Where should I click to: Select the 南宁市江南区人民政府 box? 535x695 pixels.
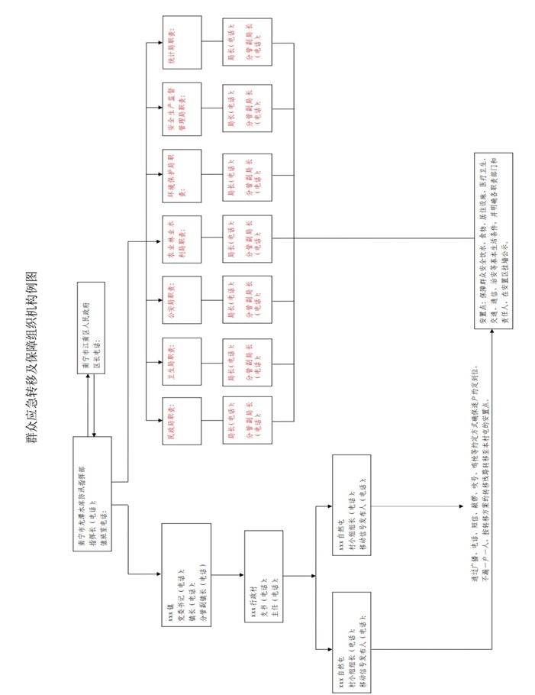point(91,328)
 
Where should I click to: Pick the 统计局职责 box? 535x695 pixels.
point(182,42)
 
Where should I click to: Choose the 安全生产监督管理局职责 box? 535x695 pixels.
point(182,108)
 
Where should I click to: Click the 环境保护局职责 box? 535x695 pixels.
point(182,175)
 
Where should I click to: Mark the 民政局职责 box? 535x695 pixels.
point(182,421)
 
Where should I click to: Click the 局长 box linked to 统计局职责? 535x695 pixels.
point(247,42)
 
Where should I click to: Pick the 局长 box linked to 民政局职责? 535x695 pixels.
point(247,421)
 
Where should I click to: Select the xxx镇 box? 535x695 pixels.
point(186,575)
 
